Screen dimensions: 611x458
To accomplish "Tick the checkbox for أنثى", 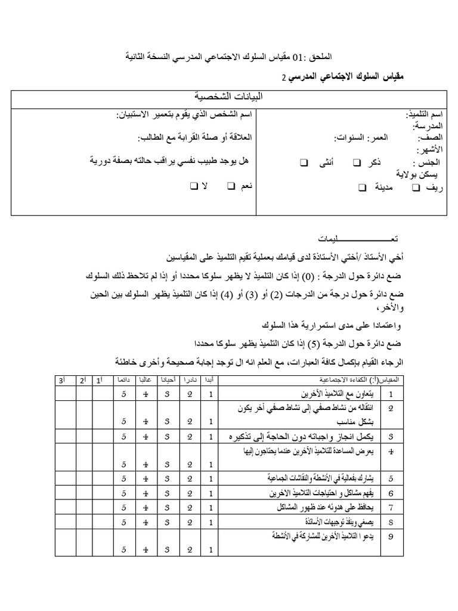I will [x=304, y=162].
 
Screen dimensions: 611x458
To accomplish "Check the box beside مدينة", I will [x=363, y=187].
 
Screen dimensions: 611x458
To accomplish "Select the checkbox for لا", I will [x=194, y=187].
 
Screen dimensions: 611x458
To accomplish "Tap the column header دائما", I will [x=123, y=380].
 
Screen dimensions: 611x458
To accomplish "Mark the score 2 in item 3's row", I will [x=189, y=437].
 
